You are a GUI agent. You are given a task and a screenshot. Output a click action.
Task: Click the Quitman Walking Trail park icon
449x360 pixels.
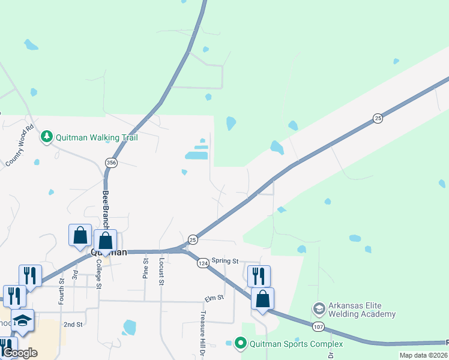pos(47,137)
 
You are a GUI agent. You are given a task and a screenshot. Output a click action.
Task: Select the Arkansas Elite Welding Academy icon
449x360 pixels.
pos(319,310)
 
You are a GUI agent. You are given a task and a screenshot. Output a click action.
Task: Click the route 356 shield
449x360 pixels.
pos(111,163)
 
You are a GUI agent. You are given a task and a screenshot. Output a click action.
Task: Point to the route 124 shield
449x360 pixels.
pos(203,263)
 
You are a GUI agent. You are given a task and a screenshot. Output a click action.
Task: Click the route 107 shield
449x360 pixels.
pos(318,327)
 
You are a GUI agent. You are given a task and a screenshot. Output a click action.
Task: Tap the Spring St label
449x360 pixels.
pos(225,262)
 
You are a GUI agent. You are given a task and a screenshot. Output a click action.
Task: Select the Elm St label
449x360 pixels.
pos(214,297)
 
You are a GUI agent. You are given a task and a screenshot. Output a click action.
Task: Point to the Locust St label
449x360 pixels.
pos(161,272)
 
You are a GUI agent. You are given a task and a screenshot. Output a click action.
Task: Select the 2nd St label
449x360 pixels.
pos(73,325)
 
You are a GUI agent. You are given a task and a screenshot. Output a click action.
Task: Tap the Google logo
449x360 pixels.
pos(20,353)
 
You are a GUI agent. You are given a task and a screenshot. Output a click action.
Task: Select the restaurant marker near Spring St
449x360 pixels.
pos(259,276)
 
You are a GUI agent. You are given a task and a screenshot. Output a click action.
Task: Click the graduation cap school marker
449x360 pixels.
pos(23,320)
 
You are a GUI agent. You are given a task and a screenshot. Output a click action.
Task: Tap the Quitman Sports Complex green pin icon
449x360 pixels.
pos(241,344)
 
